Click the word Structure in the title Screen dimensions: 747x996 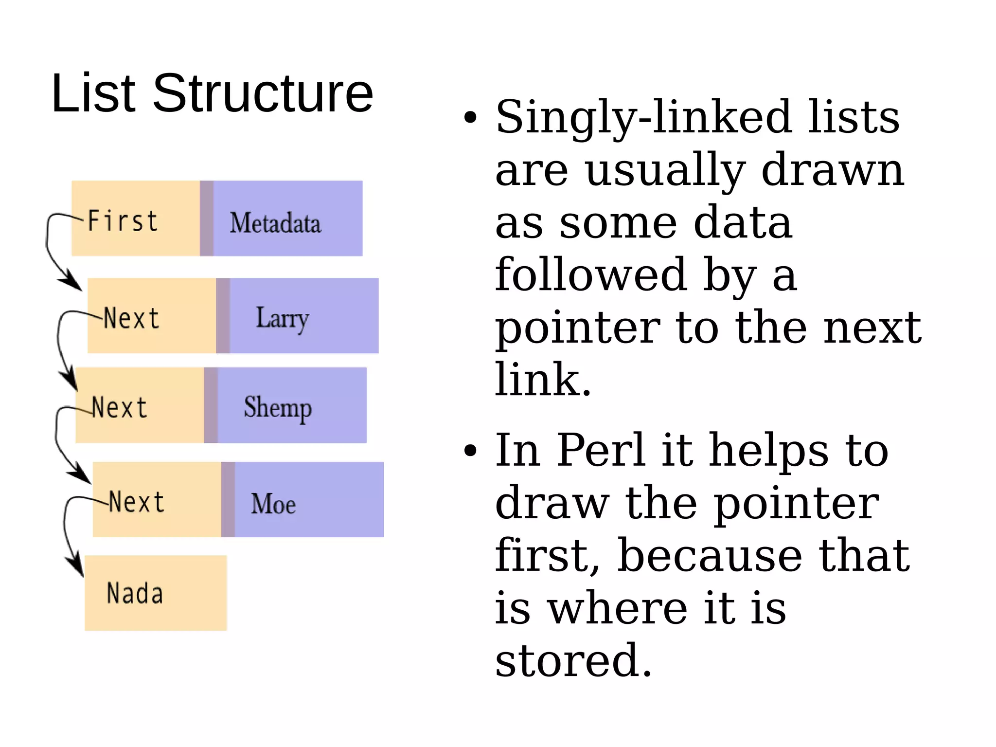pyautogui.click(x=263, y=93)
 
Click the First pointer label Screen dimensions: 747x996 pyautogui.click(x=123, y=221)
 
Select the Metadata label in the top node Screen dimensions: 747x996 pyautogui.click(x=275, y=223)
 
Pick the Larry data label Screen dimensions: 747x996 pyautogui.click(x=282, y=319)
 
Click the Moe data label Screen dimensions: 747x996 pyautogui.click(x=273, y=504)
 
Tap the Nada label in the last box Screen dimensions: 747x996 pyautogui.click(x=135, y=594)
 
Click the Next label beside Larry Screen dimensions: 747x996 pyautogui.click(x=131, y=319)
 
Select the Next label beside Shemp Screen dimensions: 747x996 pyautogui.click(x=119, y=408)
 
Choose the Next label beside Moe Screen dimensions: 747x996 pyautogui.click(x=137, y=502)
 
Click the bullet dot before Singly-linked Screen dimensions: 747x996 pyautogui.click(x=470, y=118)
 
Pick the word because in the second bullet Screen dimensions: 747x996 pyautogui.click(x=710, y=556)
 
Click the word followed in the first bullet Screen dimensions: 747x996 pyautogui.click(x=591, y=275)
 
